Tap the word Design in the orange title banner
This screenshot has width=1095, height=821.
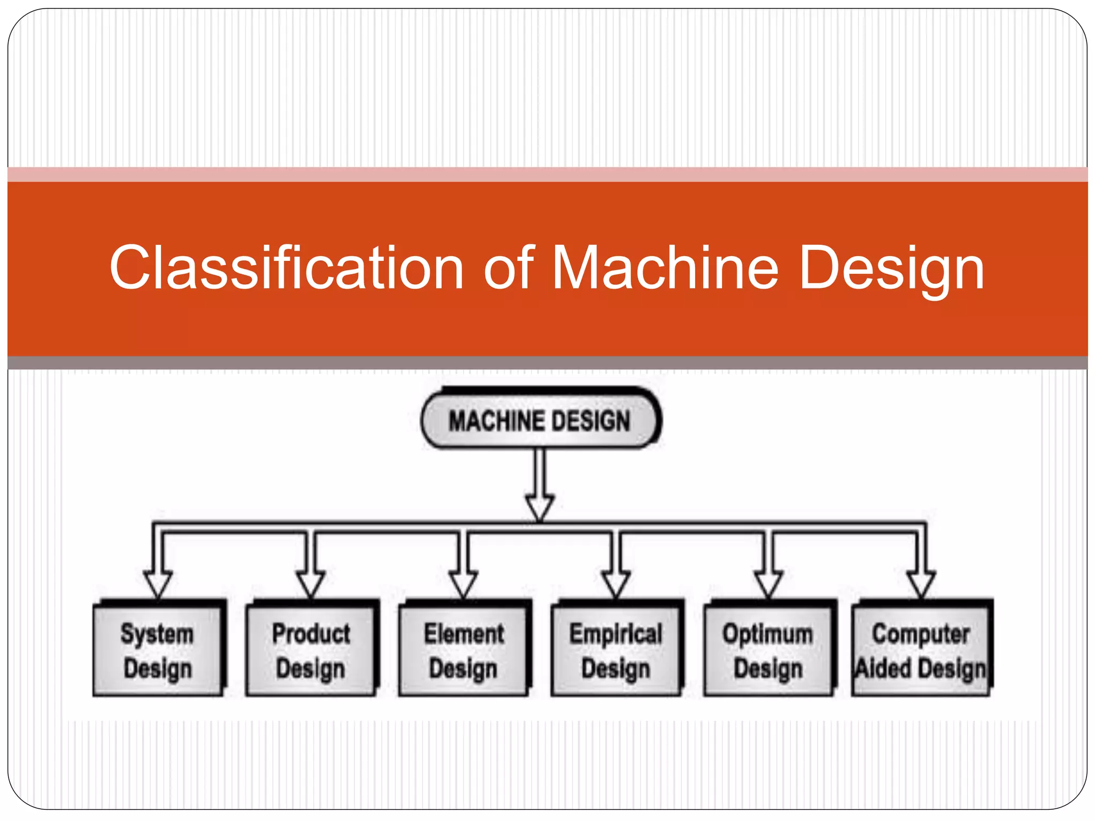click(x=891, y=269)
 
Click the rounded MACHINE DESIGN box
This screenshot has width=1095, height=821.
click(x=539, y=420)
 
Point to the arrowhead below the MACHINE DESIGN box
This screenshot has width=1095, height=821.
click(x=539, y=507)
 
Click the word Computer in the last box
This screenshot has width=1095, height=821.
click(x=921, y=634)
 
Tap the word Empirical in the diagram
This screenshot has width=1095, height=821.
click(x=616, y=634)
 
